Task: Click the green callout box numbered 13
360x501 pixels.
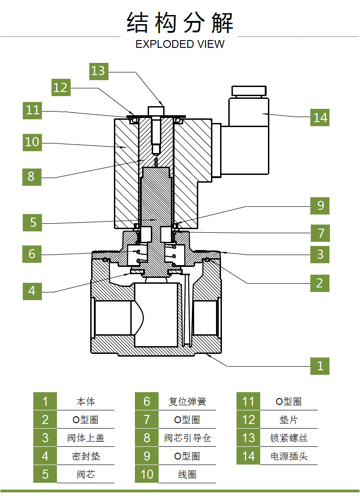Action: coord(98,71)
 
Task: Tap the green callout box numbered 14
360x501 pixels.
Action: coord(320,118)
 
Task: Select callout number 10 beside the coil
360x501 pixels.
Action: coord(32,142)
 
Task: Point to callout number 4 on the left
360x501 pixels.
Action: coord(32,291)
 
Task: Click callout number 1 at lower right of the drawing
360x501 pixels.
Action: coord(320,366)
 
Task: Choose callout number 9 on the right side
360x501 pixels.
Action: coord(320,206)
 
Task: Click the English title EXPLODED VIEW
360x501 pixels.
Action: coord(180,44)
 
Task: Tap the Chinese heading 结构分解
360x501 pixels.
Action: coord(180,23)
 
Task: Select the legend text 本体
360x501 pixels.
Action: coord(86,402)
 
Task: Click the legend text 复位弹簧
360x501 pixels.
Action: coord(187,402)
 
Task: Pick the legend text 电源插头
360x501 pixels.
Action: coord(289,456)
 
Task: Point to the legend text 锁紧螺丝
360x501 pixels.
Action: coord(289,438)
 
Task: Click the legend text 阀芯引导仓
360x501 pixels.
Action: coord(187,438)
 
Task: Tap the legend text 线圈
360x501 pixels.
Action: coord(187,474)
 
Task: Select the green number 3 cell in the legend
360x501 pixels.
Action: coord(45,438)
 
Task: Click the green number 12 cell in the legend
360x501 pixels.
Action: coord(248,419)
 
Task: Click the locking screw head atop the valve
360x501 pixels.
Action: coord(155,110)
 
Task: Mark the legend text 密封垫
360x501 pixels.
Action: coord(86,456)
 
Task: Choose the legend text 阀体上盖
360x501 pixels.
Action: coord(86,438)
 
